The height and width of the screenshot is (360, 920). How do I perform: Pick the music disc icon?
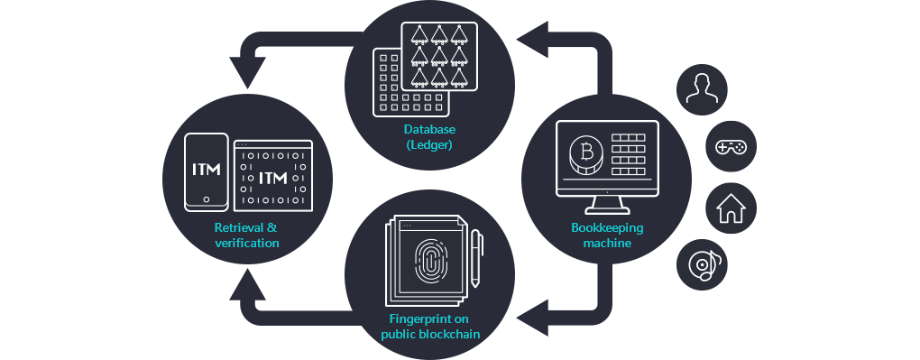pos(705,264)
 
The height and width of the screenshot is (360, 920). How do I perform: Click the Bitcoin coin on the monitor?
pos(586,153)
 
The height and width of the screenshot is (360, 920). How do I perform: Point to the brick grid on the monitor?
pos(630,154)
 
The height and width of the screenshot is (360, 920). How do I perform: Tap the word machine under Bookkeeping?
pos(607,244)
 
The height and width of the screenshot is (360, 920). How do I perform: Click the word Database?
pos(428,130)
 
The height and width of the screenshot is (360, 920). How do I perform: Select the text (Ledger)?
pos(428,145)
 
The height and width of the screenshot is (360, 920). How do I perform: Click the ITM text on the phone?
pos(207,170)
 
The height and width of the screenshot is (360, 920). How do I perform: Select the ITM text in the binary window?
pos(272,179)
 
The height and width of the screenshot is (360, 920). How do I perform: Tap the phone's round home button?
pos(207,199)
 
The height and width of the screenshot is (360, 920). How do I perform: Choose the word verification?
pos(247,243)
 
